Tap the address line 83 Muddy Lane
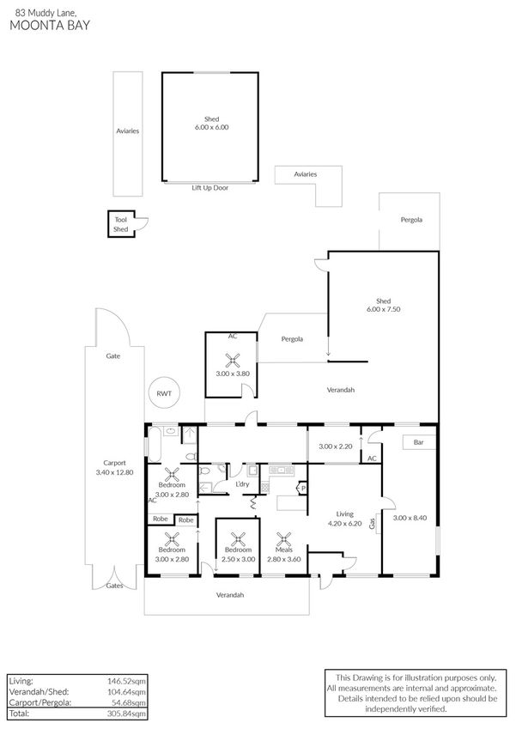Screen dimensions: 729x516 [x=38, y=12]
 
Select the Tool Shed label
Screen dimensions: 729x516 [x=120, y=225]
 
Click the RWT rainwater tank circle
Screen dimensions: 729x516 [x=163, y=393]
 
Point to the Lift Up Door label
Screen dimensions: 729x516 [x=209, y=186]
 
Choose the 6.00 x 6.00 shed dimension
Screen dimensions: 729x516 [x=211, y=127]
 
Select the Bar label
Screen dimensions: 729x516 [x=419, y=443]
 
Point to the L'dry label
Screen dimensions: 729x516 [x=242, y=485]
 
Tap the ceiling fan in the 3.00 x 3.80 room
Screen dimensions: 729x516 [x=231, y=361]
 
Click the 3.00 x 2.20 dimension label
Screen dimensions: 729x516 [x=336, y=447]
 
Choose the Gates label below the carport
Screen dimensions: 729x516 [x=114, y=586]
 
